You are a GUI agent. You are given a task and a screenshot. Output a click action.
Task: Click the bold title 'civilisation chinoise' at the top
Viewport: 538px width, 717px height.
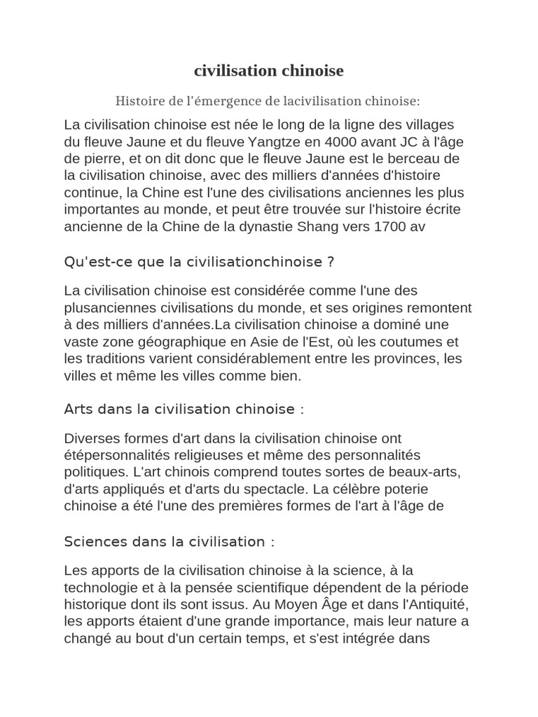pyautogui.click(x=269, y=71)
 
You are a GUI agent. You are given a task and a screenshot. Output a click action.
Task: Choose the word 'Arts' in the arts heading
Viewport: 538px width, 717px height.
pyautogui.click(x=78, y=408)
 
